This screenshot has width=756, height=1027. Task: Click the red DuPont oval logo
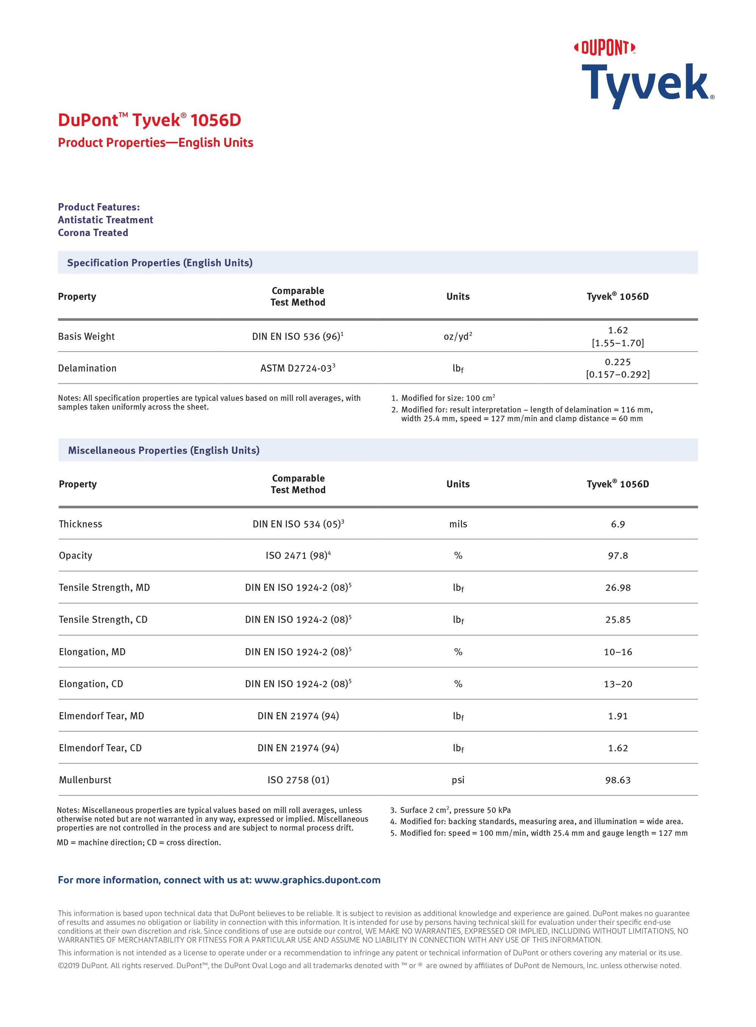click(604, 48)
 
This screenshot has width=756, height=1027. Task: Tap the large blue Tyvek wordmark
click(646, 85)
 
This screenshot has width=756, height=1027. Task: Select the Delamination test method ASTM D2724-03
click(297, 368)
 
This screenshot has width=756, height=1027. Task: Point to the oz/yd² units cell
click(458, 337)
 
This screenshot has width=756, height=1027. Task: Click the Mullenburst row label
click(85, 780)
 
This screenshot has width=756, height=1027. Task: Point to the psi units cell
click(458, 780)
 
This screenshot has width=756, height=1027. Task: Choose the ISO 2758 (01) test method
click(298, 780)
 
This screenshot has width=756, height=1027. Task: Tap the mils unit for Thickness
click(458, 524)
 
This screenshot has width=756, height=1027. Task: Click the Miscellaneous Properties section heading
click(164, 450)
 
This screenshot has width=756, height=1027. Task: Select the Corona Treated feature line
click(93, 233)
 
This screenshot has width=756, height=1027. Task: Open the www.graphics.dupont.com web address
click(317, 880)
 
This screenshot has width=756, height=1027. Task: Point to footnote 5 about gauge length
click(539, 833)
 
